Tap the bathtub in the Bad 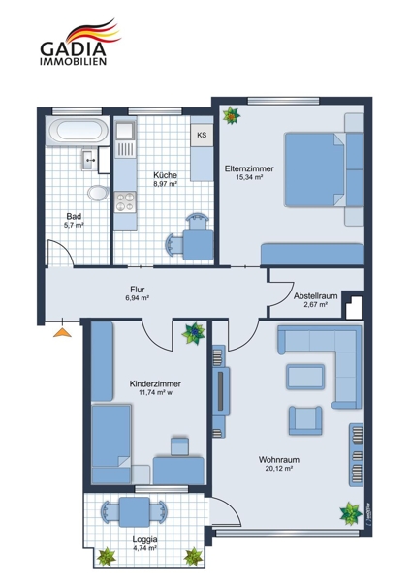[78, 130]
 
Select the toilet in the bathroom [98, 193]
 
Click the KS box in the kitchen [202, 135]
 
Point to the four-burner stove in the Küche [125, 202]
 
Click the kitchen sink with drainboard [125, 139]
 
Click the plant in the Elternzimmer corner [231, 115]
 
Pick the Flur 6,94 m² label [138, 293]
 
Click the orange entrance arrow [62, 332]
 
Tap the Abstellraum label [315, 300]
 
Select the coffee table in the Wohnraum [305, 377]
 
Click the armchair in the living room [305, 420]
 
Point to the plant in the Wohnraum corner [351, 513]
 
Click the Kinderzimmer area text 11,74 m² [153, 393]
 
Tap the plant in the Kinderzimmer [194, 333]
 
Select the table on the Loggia [135, 512]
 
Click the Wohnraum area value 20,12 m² [279, 469]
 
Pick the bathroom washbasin [90, 160]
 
